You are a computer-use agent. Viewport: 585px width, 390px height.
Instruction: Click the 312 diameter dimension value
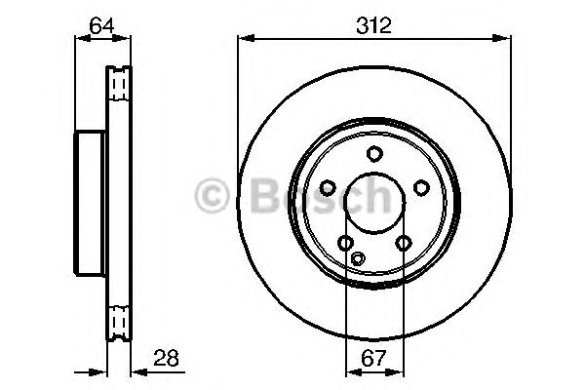374,25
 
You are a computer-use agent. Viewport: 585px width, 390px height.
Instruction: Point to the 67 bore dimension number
373,358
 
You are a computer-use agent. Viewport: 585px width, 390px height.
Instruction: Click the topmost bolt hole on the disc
374,153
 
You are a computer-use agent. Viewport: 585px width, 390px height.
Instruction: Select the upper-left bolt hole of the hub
329,187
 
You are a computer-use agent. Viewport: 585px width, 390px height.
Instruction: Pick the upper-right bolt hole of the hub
421,187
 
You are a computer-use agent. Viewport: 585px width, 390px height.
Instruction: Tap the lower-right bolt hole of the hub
403,243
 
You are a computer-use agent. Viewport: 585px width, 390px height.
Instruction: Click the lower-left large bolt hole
346,243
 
